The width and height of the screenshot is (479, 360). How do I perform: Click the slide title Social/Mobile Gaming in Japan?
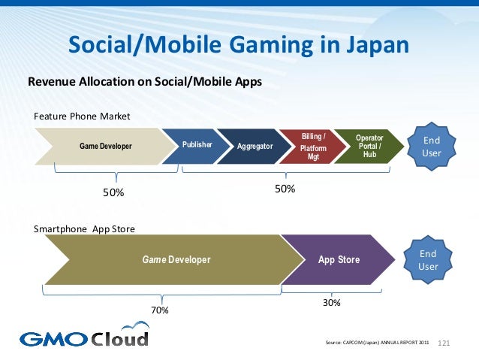[239, 46]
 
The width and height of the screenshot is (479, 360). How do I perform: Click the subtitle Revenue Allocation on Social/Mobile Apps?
[145, 81]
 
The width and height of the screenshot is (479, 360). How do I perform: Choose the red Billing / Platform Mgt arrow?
[313, 147]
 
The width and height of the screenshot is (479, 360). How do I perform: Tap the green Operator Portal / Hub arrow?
[369, 145]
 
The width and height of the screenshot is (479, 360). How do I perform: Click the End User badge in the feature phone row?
[432, 146]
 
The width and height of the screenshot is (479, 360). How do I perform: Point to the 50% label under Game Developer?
[113, 193]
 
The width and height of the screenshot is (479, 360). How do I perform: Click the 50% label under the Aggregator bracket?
[285, 190]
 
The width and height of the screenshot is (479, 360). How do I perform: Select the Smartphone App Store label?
[85, 228]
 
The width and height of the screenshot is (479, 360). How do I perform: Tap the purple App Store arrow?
[339, 260]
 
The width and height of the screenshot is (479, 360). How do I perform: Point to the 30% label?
[331, 302]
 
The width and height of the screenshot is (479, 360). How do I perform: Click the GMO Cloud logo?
[84, 337]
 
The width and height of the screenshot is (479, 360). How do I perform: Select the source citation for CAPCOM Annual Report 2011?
[376, 343]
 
